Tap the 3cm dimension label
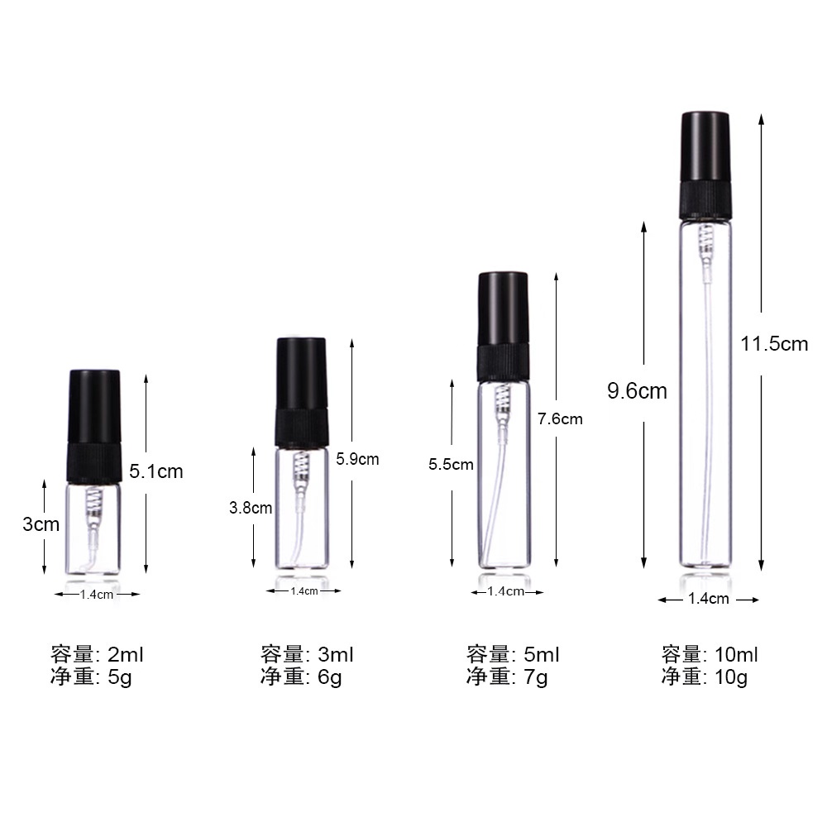tap(41, 523)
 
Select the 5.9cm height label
tap(357, 458)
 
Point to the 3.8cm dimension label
tap(251, 508)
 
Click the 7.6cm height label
tap(560, 418)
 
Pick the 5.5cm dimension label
tap(451, 464)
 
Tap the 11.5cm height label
tap(774, 343)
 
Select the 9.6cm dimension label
tap(637, 390)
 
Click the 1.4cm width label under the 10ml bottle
tap(708, 600)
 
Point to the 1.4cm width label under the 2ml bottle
tap(97, 594)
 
